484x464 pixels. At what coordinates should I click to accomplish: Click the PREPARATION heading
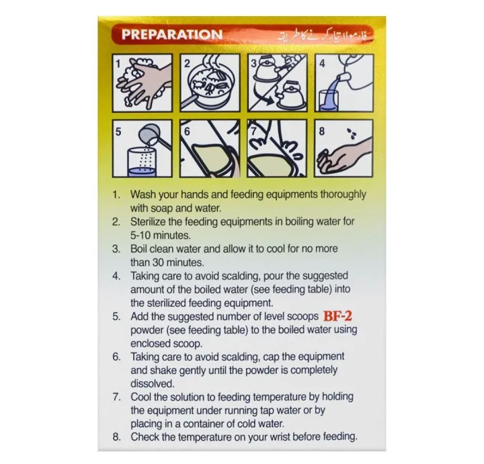[x=172, y=34]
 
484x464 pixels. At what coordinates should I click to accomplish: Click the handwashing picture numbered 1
[x=143, y=83]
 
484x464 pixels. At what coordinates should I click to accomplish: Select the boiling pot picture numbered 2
[x=210, y=83]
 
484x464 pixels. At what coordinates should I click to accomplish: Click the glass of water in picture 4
[x=329, y=101]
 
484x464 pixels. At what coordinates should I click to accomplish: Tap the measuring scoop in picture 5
[x=153, y=136]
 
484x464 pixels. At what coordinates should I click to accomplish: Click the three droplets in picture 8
[x=352, y=133]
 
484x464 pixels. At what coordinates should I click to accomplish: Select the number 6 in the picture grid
[x=187, y=132]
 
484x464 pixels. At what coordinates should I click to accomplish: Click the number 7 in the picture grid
[x=253, y=132]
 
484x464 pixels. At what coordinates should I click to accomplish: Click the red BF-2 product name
[x=337, y=316]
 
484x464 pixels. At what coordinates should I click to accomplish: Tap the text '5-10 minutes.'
[x=160, y=235]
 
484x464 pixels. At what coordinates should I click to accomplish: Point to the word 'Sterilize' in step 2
[x=150, y=222]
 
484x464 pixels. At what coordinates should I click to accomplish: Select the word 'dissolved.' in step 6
[x=153, y=383]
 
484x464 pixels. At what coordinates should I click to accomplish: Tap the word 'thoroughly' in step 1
[x=343, y=195]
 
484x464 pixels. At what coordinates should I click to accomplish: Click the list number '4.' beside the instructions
[x=116, y=276]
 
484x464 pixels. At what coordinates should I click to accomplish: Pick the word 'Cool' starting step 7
[x=140, y=397]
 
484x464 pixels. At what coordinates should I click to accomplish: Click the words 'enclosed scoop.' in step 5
[x=167, y=343]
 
